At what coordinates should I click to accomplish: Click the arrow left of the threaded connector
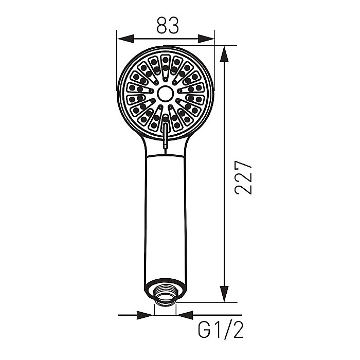(147, 314)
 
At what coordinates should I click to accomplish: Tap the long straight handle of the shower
(165, 216)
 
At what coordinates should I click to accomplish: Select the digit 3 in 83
(173, 26)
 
